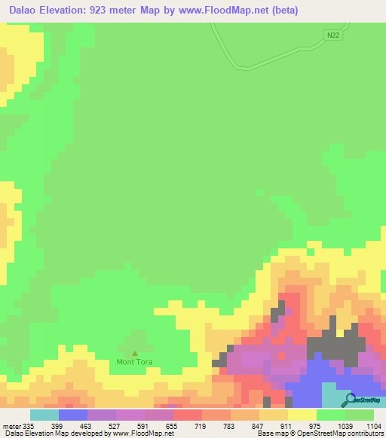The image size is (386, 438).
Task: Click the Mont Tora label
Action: tap(135, 362)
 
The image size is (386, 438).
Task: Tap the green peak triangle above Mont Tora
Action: tap(135, 353)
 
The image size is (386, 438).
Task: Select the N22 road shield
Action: tap(334, 35)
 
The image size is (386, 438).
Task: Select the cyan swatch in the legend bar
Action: tap(44, 415)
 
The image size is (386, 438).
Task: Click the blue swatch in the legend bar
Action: tap(72, 415)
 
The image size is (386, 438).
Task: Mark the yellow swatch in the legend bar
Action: tap(302, 415)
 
